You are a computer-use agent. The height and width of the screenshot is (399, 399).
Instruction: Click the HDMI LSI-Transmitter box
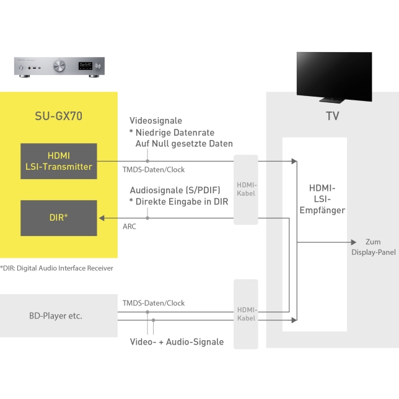pos(59,161)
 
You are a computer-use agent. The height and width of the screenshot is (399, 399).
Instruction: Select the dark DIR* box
pos(59,217)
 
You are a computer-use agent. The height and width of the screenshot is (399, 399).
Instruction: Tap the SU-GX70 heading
pos(59,115)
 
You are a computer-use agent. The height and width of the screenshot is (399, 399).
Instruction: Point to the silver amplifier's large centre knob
pos(61,66)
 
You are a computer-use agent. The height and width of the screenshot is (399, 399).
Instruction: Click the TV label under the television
pos(333,116)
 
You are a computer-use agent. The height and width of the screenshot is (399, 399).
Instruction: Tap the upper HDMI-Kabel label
pos(246,190)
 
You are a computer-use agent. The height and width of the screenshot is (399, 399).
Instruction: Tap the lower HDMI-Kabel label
pos(246,313)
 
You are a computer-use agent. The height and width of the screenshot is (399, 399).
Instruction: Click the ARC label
pos(129,227)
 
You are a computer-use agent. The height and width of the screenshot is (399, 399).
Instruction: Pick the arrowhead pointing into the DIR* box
pos(101,217)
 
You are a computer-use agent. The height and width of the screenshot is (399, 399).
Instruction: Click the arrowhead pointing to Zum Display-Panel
pos(354,242)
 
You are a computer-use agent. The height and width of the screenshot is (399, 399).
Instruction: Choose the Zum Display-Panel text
pos(374,247)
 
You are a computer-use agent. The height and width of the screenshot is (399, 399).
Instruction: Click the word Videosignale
pos(156,121)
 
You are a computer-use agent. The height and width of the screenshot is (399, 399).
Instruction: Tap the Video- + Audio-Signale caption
pos(177,342)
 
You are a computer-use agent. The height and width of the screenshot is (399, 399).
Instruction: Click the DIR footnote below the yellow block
pos(57,268)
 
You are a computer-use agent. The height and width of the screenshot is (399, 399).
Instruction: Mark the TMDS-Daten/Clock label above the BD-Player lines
pos(154,303)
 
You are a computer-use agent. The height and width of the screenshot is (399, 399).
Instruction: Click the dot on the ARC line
pos(147,217)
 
